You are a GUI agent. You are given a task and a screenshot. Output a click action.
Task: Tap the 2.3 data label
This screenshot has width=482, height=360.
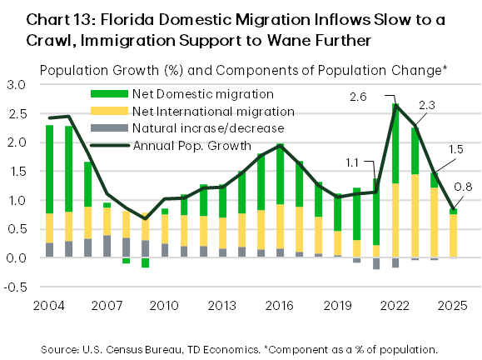point(427,106)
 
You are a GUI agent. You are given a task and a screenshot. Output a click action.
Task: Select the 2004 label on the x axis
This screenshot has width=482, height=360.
point(49,303)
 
